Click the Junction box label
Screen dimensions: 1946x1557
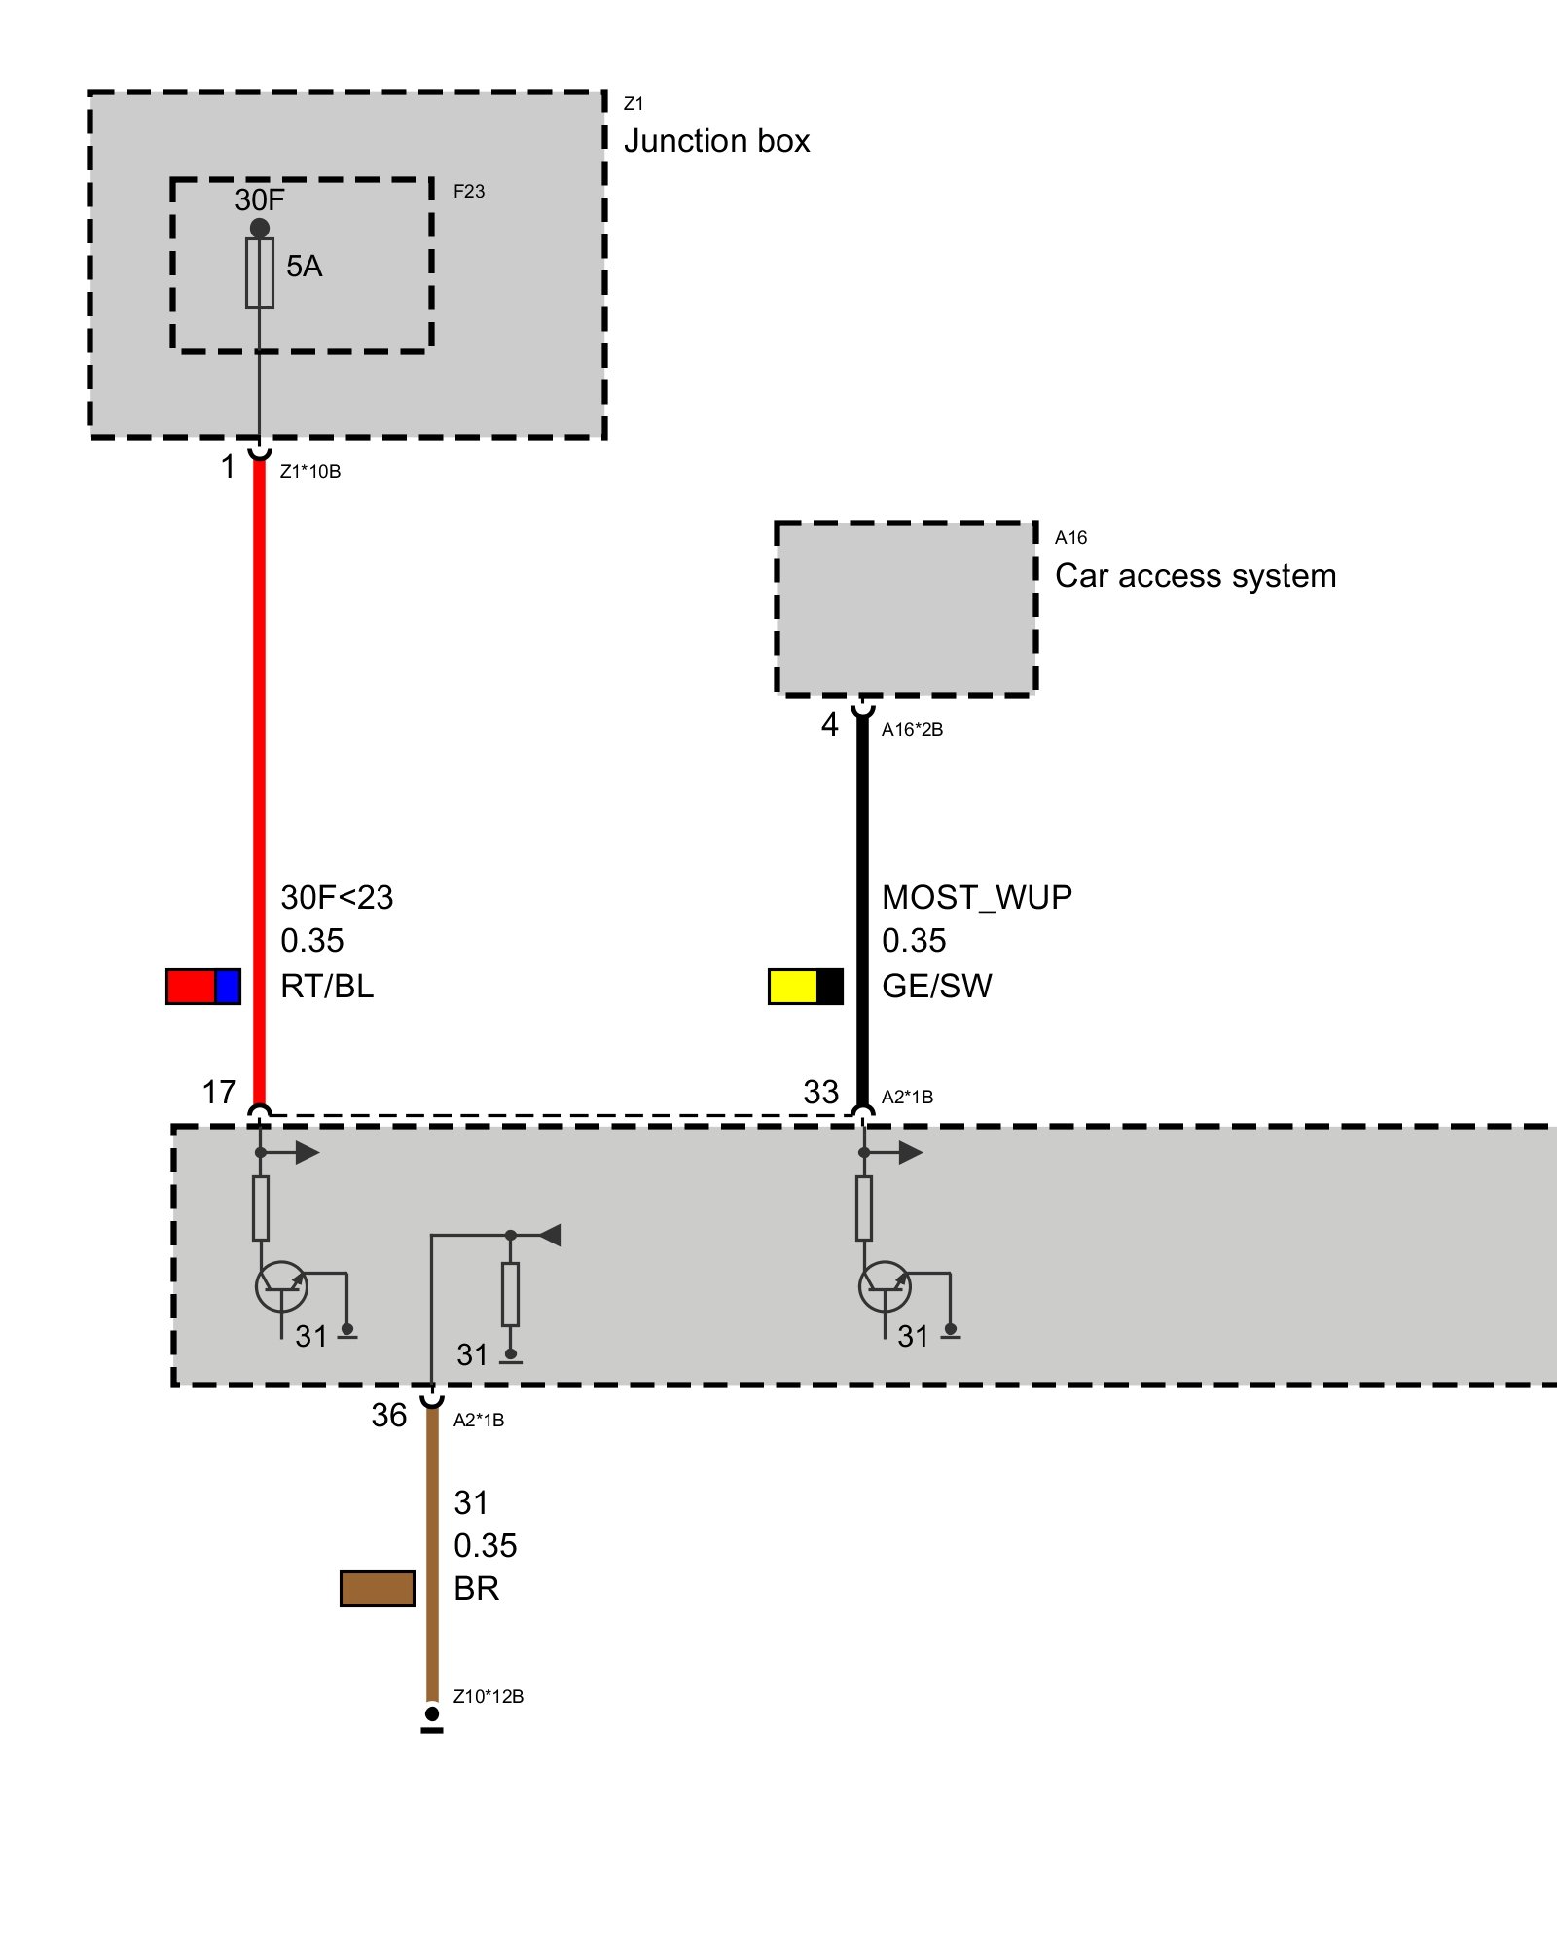click(716, 141)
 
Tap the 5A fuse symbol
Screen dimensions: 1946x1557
click(260, 273)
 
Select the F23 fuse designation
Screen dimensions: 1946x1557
click(468, 192)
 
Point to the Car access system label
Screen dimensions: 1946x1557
click(1195, 576)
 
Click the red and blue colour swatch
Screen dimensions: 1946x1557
click(203, 986)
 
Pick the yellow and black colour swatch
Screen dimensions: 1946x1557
click(806, 986)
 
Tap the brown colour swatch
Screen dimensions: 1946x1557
click(378, 1589)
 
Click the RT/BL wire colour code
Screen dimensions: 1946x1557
click(327, 986)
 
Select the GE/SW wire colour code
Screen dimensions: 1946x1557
click(936, 986)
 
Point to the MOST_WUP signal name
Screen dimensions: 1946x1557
click(977, 897)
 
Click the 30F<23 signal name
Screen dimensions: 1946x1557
click(337, 897)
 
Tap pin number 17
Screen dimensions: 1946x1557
click(219, 1092)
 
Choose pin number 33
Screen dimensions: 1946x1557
click(820, 1092)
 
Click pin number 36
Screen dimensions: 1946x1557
click(388, 1415)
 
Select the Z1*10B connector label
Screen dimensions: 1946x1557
click(310, 472)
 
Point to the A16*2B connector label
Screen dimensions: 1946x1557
click(912, 730)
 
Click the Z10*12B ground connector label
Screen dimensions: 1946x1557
click(489, 1696)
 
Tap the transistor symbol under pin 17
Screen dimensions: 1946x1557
click(281, 1286)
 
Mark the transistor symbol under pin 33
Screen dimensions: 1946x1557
click(885, 1286)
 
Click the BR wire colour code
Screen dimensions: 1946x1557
click(476, 1589)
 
